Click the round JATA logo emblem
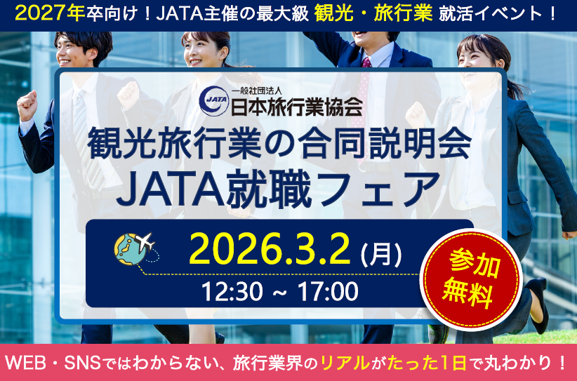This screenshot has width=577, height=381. (214, 101)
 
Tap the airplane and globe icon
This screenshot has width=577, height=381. (135, 248)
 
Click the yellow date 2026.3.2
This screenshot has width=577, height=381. (270, 248)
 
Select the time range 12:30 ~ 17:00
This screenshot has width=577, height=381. (279, 292)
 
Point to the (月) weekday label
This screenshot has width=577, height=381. (381, 254)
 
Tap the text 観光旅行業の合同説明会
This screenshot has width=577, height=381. (279, 142)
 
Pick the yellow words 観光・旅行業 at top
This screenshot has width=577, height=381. (373, 14)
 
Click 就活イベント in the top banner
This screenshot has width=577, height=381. (491, 14)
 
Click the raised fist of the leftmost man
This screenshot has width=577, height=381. (27, 105)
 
